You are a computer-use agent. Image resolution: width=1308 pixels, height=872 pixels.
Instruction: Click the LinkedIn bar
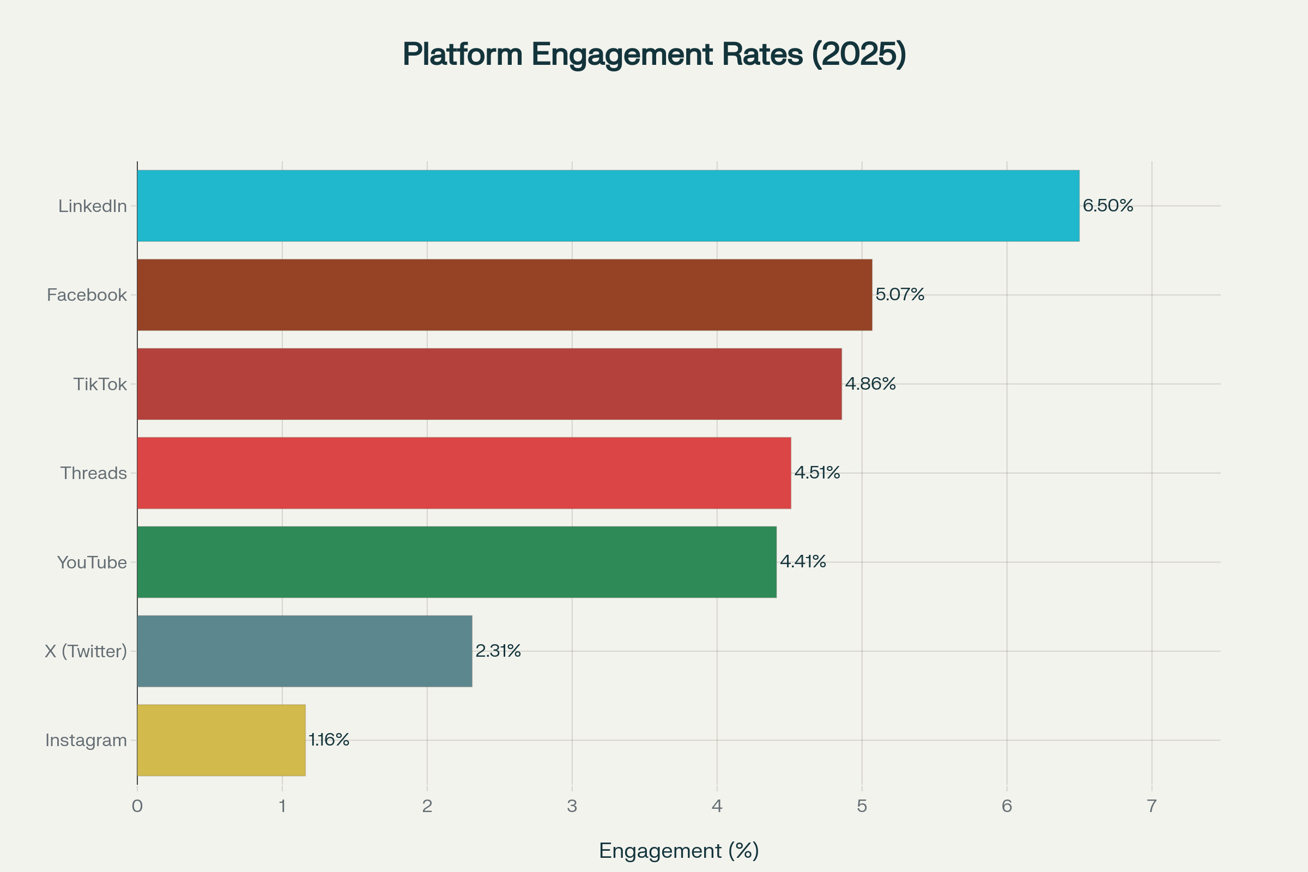tap(608, 206)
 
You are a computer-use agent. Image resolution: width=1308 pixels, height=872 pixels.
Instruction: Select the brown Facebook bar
tap(505, 295)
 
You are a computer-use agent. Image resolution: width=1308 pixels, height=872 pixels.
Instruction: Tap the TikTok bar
tap(489, 384)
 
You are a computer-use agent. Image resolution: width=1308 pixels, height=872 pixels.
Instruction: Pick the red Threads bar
tap(464, 473)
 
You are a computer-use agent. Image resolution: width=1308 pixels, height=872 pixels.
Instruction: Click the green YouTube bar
tap(457, 562)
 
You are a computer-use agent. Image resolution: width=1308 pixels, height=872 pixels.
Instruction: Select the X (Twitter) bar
tap(304, 651)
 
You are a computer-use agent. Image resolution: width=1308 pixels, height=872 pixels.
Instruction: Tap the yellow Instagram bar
tap(221, 740)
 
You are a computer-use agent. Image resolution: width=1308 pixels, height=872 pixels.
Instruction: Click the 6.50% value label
tap(1107, 206)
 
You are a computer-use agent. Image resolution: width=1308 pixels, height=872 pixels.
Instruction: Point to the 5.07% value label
tap(899, 294)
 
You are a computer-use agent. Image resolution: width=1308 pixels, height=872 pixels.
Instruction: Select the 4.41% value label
tap(802, 561)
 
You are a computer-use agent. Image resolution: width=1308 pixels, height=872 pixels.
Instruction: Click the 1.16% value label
tap(329, 740)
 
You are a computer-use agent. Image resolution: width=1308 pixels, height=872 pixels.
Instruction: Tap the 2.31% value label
tap(498, 651)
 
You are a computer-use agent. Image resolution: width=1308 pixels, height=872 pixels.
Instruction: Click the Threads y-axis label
tap(93, 473)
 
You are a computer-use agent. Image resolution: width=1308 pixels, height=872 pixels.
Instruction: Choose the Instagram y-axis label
tap(86, 740)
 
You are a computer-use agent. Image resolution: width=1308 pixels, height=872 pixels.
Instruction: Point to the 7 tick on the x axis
tap(1152, 807)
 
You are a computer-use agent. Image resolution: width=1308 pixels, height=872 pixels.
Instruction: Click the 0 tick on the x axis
tap(137, 807)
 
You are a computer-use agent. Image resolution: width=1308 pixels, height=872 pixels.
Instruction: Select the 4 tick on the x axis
tap(717, 807)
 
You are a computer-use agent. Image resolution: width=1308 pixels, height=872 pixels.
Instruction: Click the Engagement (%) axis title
tap(679, 851)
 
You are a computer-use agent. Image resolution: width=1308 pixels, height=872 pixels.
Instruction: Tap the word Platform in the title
tap(462, 55)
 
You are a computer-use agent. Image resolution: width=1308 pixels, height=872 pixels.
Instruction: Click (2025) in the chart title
tap(859, 55)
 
